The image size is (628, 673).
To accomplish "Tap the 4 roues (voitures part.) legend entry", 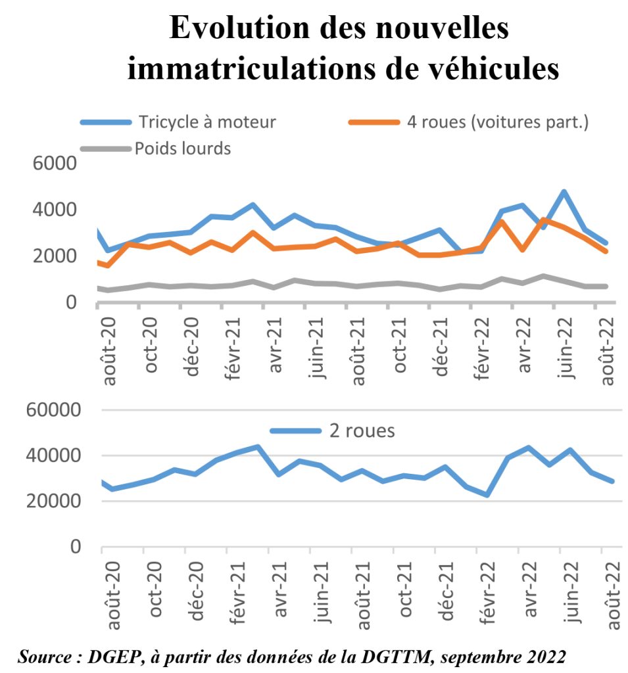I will (x=497, y=122).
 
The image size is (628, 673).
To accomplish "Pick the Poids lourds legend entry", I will (x=183, y=149).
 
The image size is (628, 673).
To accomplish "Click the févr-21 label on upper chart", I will (x=234, y=344).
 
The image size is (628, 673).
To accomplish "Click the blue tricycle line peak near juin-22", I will (x=564, y=193).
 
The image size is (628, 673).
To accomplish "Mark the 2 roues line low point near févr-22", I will (x=487, y=494).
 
